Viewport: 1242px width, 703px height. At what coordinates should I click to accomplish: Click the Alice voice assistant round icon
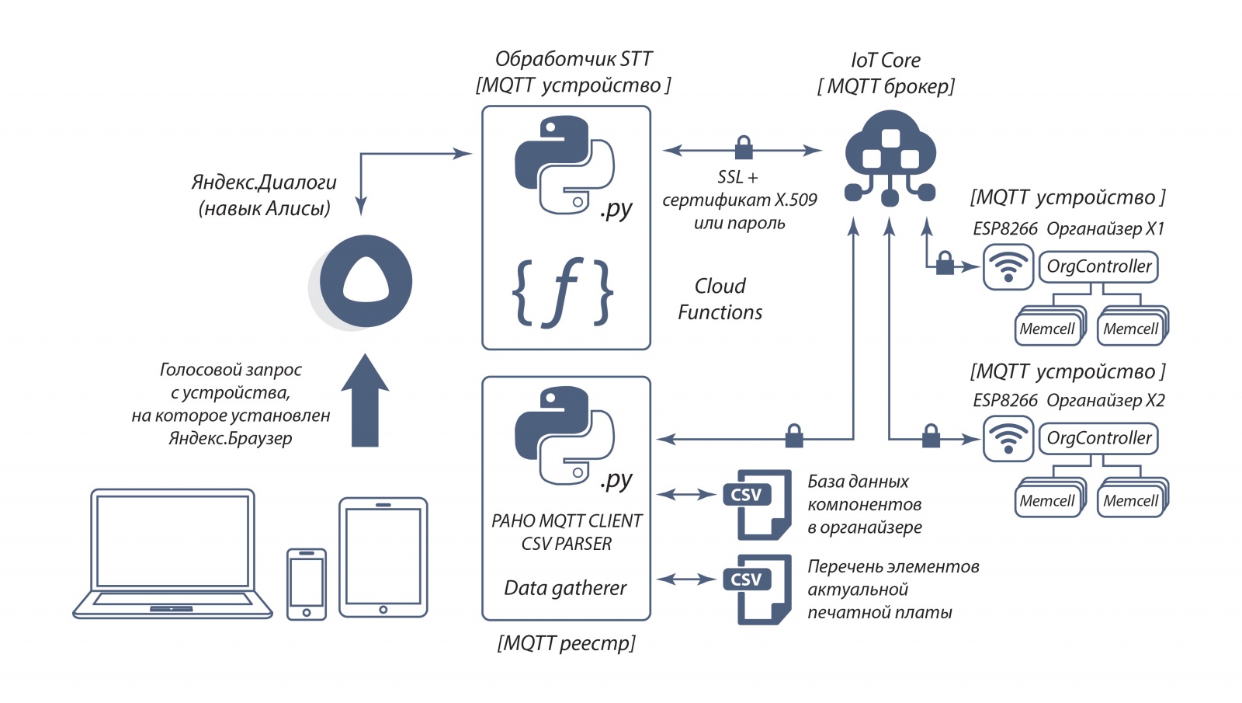[365, 281]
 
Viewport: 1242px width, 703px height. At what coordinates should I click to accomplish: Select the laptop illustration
[172, 553]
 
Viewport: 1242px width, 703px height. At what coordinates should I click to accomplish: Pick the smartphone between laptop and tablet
[307, 584]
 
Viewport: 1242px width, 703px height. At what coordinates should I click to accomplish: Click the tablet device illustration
[383, 557]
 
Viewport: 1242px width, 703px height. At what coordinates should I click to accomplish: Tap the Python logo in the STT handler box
[564, 165]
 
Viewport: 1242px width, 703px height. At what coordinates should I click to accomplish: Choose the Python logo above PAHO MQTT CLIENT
[564, 435]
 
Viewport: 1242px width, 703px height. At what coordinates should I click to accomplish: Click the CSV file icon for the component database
[754, 504]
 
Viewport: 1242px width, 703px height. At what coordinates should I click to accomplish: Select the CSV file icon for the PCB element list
[754, 589]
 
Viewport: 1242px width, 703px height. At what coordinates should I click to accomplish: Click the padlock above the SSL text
[744, 147]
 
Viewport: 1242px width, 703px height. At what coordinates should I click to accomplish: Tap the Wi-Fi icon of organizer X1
[1008, 266]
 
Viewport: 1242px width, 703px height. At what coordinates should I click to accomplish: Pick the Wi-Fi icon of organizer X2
[1008, 439]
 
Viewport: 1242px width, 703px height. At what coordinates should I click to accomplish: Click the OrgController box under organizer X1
[1098, 266]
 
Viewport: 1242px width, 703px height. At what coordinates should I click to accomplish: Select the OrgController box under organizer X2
[1098, 438]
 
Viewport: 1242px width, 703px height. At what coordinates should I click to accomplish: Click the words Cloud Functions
[720, 299]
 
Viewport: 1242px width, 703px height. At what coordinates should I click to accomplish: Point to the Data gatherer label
[565, 588]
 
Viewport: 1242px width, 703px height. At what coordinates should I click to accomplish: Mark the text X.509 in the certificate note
[796, 200]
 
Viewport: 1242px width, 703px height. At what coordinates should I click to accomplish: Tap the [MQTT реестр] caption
[566, 643]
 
